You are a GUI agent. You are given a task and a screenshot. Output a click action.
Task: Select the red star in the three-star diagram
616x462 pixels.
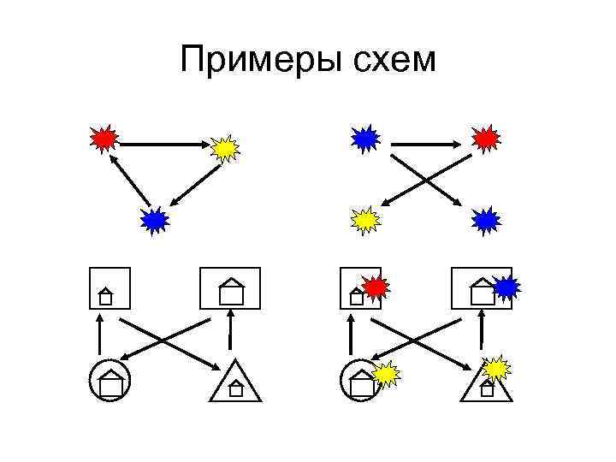tap(104, 138)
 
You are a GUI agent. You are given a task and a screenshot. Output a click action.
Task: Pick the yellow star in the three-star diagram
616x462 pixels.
tap(225, 149)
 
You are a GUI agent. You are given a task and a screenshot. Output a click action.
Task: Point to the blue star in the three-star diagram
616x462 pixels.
tap(155, 221)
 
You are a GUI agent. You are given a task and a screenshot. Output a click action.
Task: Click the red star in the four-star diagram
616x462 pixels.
tap(485, 137)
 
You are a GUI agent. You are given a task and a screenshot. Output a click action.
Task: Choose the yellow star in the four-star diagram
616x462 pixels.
tap(365, 221)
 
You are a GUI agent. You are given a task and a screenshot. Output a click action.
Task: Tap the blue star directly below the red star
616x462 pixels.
tap(485, 221)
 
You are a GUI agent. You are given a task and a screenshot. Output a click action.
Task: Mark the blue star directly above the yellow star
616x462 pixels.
tap(365, 137)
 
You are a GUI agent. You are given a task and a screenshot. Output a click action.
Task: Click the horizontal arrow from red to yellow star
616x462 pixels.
tap(163, 145)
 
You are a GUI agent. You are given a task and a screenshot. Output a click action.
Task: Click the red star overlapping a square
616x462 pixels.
tap(375, 287)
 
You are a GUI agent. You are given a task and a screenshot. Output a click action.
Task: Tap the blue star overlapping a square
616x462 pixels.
tap(506, 287)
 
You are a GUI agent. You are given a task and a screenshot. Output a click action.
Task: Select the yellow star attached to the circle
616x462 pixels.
tap(386, 373)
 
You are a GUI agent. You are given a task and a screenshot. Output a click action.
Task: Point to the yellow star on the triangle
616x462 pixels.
tap(496, 368)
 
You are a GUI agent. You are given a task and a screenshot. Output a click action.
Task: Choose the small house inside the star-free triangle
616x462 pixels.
tap(236, 389)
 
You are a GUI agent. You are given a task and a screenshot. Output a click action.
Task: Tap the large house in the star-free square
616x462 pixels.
tap(230, 293)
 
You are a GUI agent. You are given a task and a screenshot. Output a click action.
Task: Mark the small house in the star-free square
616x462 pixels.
tap(105, 297)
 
